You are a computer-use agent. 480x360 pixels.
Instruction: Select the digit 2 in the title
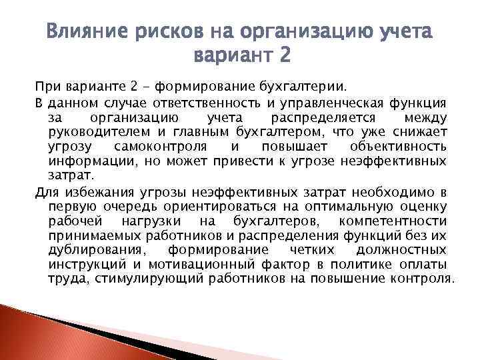(x=284, y=54)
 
